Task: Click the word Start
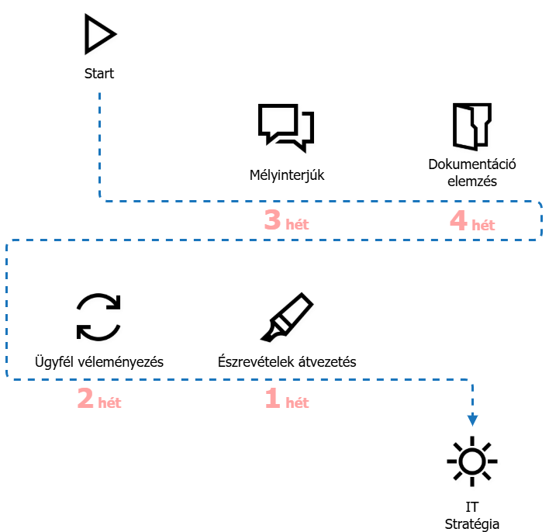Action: click(99, 74)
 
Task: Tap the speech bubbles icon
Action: click(287, 128)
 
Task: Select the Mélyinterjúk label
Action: click(287, 174)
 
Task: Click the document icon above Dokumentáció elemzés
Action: click(472, 126)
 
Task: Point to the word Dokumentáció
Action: click(472, 164)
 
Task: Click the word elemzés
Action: click(472, 181)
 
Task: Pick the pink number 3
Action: click(272, 221)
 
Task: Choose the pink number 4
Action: click(458, 221)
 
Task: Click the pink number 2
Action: click(85, 399)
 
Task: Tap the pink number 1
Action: click(272, 399)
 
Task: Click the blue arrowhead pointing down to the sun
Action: click(472, 420)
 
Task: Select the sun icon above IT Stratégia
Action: click(471, 463)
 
